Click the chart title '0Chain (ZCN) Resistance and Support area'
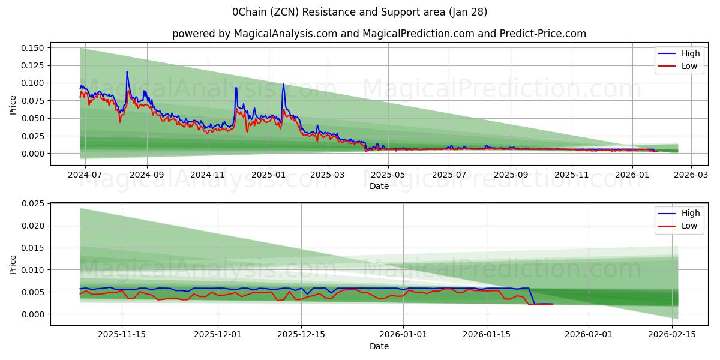[x=360, y=12]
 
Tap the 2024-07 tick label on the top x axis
[x=85, y=175]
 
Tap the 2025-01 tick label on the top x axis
[x=268, y=175]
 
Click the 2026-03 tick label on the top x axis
[x=691, y=175]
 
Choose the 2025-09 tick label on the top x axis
[x=511, y=175]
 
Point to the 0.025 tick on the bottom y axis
[x=34, y=204]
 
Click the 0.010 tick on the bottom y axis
[x=34, y=270]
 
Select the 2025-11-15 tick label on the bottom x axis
[x=122, y=334]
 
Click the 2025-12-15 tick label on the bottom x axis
[x=303, y=334]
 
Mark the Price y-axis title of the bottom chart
[x=13, y=264]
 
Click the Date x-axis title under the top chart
[x=379, y=186]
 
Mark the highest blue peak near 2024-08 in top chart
[x=127, y=72]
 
